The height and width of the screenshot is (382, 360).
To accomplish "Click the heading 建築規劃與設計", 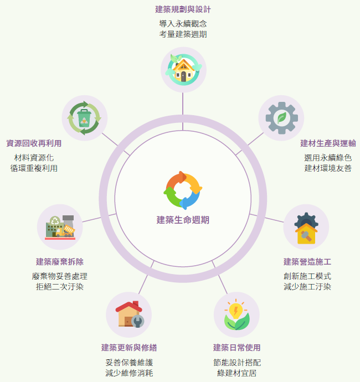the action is [183, 9].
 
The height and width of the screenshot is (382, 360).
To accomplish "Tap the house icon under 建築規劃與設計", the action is [183, 70].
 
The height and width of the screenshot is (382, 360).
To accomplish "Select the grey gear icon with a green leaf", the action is [281, 118].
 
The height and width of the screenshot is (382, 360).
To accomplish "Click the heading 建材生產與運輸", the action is [328, 143].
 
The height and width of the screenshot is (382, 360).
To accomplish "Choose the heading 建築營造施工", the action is [307, 262].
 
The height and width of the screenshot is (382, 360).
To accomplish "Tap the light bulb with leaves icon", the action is [236, 314].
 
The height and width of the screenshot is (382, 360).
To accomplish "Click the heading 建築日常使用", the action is [236, 348].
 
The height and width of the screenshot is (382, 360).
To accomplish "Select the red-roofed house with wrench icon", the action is [130, 314].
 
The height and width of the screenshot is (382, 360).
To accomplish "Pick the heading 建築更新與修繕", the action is [129, 348].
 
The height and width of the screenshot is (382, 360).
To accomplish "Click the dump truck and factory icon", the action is [60, 228].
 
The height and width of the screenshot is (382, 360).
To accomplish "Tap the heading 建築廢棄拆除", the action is [60, 262].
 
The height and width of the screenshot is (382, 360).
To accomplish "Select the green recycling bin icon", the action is [84, 118].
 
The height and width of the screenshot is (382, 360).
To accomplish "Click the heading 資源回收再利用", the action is [34, 143].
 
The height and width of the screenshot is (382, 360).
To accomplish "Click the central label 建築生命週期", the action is [183, 220].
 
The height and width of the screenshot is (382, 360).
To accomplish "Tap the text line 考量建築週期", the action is [183, 34].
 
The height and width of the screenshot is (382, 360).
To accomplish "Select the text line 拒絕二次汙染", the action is [60, 287].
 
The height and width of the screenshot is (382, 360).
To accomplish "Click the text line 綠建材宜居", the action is [236, 373].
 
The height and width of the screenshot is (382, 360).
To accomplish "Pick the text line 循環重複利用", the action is [34, 168].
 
